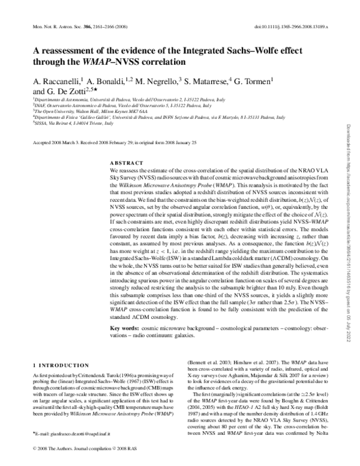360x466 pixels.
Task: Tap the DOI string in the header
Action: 292,28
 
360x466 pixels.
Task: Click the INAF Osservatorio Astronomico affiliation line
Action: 107,105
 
